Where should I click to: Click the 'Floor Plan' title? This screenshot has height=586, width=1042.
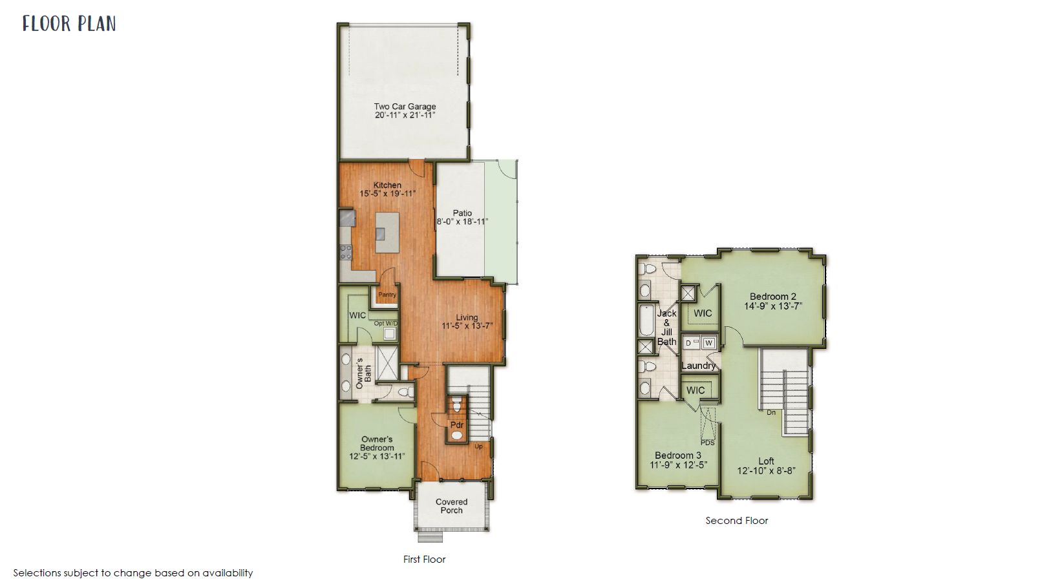pos(69,24)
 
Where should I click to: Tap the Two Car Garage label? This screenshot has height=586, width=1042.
pos(405,107)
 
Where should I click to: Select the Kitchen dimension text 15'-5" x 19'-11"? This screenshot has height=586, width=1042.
pos(387,193)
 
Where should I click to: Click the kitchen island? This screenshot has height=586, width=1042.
pos(387,232)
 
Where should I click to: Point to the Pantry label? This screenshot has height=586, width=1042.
pos(387,295)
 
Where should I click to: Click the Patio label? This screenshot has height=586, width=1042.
pos(462,213)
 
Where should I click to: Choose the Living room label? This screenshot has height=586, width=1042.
pos(467,318)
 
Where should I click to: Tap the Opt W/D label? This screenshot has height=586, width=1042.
pos(386,323)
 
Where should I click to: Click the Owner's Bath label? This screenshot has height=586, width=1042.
pos(363,373)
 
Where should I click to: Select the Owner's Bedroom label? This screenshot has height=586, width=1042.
pos(377,443)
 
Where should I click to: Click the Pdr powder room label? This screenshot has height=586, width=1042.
pos(457,425)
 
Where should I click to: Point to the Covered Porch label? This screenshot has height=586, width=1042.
pos(451,506)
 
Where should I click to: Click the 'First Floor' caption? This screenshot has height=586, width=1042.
pos(424,560)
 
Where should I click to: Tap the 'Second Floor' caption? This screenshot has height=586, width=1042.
pos(736,521)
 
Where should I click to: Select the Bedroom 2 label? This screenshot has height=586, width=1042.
pos(772,297)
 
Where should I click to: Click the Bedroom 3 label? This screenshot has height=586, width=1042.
pos(678,455)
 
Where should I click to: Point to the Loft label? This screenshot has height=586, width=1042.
pos(766,461)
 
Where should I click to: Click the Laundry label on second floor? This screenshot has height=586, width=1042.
pos(698,366)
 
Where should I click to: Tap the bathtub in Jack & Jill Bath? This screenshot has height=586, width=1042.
pos(646,320)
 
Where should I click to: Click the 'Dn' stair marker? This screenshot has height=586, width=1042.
pos(771,412)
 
